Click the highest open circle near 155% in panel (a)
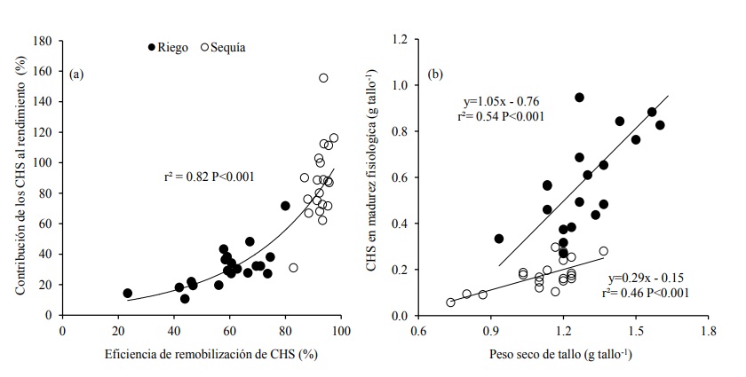(x=323, y=78)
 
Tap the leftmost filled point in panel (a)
(x=127, y=293)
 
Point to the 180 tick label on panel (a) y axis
(x=40, y=41)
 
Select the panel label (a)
(x=76, y=74)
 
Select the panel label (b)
(x=436, y=74)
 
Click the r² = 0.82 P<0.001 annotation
(x=210, y=176)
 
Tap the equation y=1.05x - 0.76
(x=502, y=100)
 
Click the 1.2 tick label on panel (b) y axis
(x=401, y=40)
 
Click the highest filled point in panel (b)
(x=579, y=98)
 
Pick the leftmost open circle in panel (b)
(x=450, y=302)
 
